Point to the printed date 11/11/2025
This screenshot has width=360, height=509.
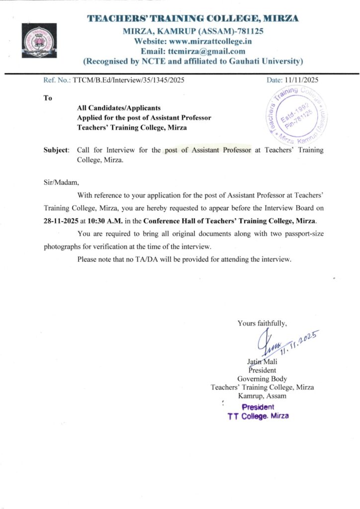(302, 80)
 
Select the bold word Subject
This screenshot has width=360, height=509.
(56, 150)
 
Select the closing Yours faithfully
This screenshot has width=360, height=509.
(262, 324)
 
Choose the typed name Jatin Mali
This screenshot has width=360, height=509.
(262, 362)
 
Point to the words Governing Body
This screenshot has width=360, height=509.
(262, 379)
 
